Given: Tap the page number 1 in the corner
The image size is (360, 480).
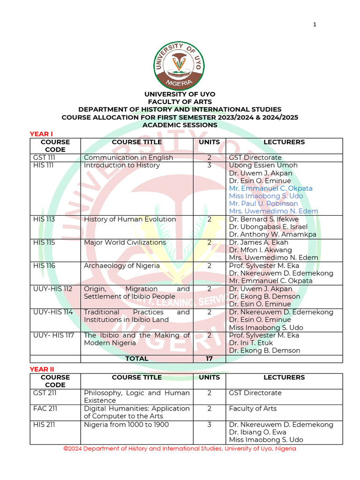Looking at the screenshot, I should click(x=315, y=25).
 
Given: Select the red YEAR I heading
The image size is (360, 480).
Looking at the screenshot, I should click(x=41, y=134).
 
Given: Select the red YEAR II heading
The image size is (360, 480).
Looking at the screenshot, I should click(x=42, y=369).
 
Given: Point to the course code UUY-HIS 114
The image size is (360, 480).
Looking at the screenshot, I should click(x=52, y=312).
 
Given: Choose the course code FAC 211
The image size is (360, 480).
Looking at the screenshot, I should click(x=45, y=409).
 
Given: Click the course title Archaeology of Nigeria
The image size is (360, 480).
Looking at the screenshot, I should click(x=121, y=266).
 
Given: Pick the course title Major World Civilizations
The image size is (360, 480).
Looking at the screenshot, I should click(x=125, y=242).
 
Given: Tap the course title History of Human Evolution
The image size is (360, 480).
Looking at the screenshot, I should click(x=130, y=219).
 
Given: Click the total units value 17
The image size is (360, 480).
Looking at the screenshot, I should click(x=210, y=359).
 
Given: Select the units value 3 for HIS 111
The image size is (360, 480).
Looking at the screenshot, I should click(x=210, y=165).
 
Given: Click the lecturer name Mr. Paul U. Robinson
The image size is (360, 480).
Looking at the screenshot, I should click(x=263, y=203).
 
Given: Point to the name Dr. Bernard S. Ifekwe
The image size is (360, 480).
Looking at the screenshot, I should click(x=265, y=219).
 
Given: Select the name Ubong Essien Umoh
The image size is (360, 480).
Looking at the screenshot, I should click(x=263, y=165).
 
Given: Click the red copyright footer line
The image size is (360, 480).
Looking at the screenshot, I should click(x=180, y=449).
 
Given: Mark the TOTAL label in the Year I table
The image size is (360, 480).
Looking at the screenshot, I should click(x=136, y=359).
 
